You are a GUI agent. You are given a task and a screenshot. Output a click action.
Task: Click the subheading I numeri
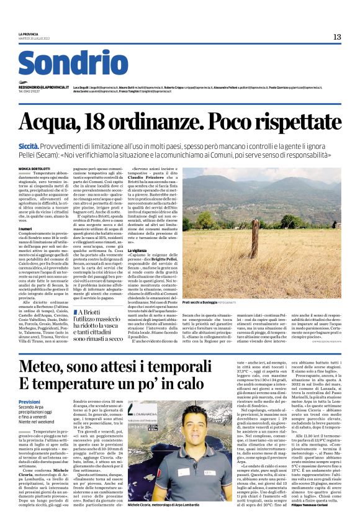point(27,228)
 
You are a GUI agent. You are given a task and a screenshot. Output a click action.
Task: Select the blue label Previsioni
point(31,402)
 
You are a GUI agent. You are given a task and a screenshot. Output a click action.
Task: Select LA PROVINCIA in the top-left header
point(28,34)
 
